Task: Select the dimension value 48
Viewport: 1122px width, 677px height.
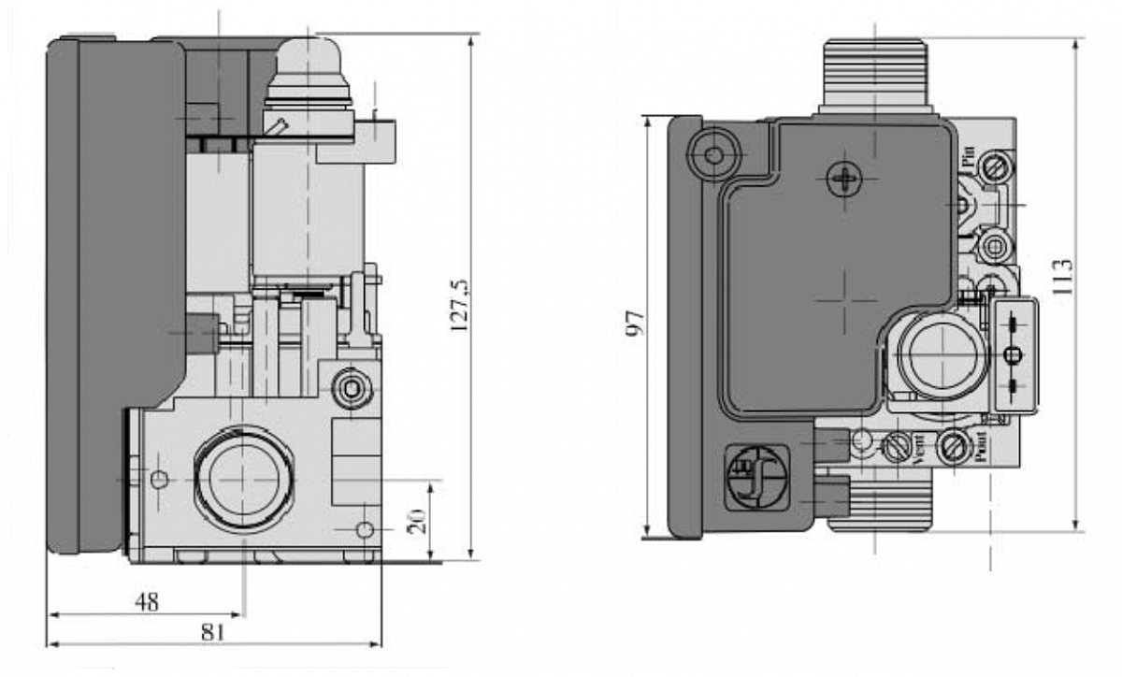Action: [x=147, y=602]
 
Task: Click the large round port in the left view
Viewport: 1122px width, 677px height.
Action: [x=243, y=477]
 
